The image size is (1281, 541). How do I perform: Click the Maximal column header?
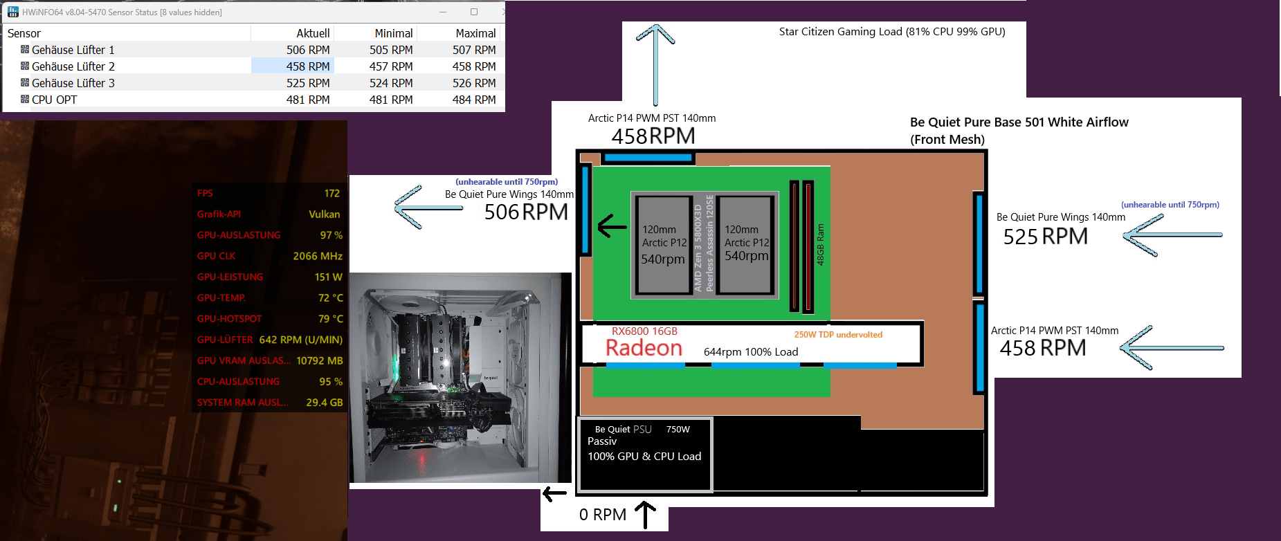tap(475, 33)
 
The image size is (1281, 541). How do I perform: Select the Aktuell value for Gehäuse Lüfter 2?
tap(308, 66)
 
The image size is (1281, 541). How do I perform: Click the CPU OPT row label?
tap(54, 100)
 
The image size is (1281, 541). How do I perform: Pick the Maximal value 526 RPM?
tap(474, 83)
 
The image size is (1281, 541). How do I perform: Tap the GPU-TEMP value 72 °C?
tap(330, 297)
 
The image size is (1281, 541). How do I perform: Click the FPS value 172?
tap(332, 193)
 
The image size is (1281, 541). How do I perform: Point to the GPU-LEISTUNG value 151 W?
tap(328, 277)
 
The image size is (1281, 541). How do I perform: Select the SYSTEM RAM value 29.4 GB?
tap(324, 402)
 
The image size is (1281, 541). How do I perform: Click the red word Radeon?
tap(644, 348)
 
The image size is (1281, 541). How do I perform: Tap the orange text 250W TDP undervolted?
tap(838, 335)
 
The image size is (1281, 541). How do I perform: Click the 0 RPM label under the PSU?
tap(602, 515)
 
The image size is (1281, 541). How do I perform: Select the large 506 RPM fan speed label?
tap(526, 212)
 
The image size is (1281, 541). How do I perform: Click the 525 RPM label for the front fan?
tap(1045, 237)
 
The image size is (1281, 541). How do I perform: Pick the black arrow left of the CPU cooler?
tap(612, 226)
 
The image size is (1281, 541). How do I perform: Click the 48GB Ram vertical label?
tap(821, 244)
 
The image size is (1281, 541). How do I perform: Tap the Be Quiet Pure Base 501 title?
tap(1019, 122)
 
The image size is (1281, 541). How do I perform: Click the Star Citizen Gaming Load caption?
tap(892, 32)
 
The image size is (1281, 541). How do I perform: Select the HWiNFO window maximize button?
tap(474, 12)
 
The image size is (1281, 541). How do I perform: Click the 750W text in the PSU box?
tap(678, 430)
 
